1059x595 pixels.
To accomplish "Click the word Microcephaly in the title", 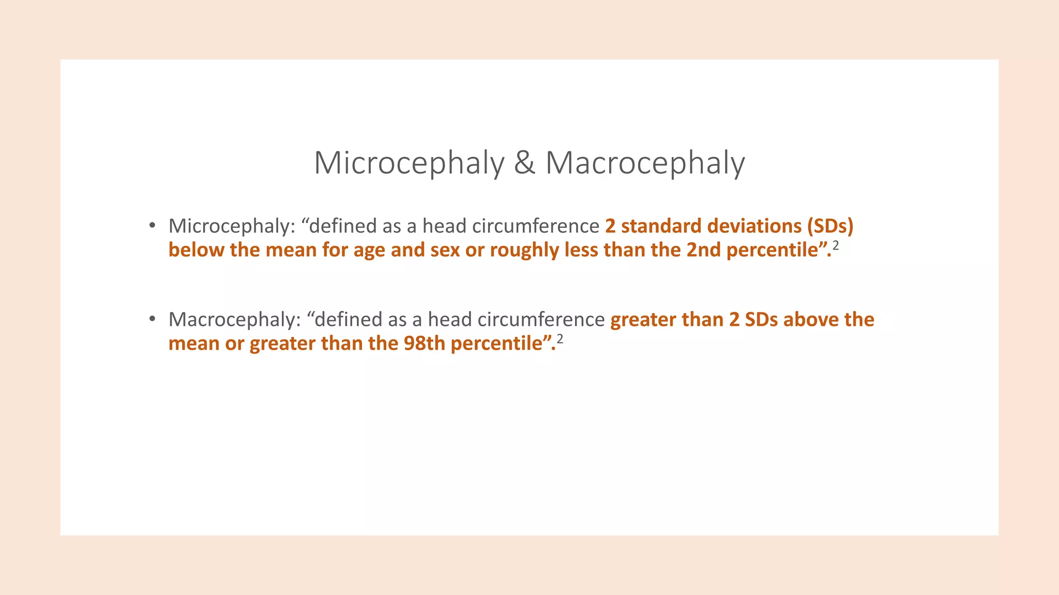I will coord(409,163).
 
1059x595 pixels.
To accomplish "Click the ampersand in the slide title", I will coord(524,163).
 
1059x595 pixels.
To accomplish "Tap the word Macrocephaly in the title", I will coord(645,163).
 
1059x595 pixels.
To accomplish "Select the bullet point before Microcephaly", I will coord(152,226).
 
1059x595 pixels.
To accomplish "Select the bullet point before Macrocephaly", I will coord(152,319).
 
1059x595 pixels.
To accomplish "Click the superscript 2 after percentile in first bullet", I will coord(836,245).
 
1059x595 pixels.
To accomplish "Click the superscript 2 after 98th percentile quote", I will coord(559,339).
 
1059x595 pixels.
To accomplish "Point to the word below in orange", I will coord(196,250).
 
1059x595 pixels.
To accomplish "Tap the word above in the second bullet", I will coord(811,320).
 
